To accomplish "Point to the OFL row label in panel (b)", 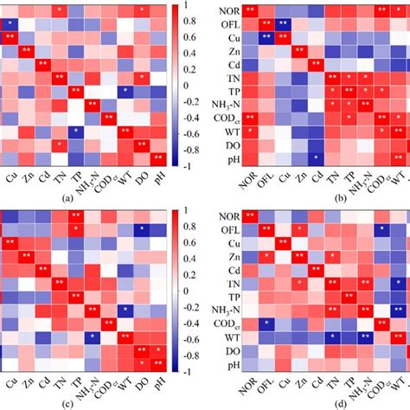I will (227, 24).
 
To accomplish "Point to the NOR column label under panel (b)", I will (249, 180).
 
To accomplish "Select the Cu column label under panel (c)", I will (11, 382).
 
